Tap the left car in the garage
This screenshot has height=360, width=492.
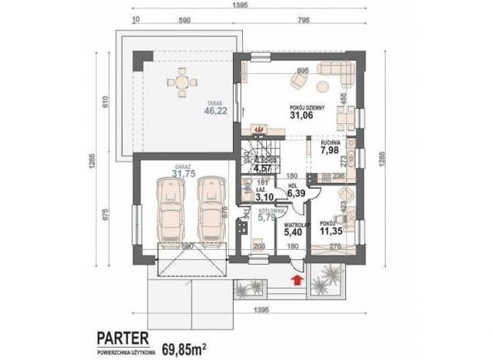[x=170, y=209]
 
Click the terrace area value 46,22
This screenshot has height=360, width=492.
[x=215, y=111]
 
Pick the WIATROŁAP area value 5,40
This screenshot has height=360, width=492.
[x=293, y=230]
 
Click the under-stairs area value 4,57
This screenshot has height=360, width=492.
[x=263, y=167]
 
